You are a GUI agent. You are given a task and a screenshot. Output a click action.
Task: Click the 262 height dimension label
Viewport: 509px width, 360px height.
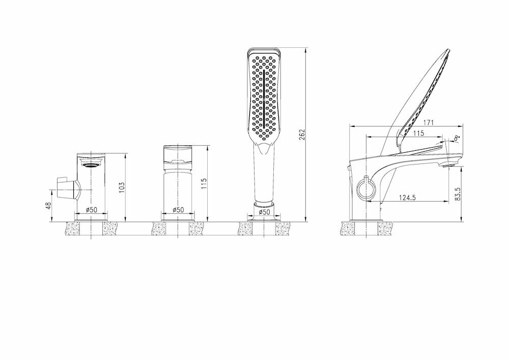click(x=302, y=135)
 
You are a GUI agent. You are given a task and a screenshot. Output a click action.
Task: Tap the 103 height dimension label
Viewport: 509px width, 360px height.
click(x=122, y=187)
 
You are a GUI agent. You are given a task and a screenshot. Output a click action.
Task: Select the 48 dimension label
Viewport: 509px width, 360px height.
click(x=49, y=206)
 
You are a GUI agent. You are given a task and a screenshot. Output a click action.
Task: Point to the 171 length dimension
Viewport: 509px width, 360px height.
click(x=429, y=123)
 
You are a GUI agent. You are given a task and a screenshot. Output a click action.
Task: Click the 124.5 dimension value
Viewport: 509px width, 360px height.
click(x=407, y=198)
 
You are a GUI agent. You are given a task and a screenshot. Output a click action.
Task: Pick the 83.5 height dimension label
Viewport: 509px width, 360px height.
click(x=458, y=193)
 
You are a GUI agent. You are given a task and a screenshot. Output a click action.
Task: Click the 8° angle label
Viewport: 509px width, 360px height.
click(x=458, y=138)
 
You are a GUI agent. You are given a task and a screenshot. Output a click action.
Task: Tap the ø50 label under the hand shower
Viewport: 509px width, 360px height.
click(x=264, y=212)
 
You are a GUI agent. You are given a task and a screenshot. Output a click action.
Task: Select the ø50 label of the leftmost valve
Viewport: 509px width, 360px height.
click(x=91, y=210)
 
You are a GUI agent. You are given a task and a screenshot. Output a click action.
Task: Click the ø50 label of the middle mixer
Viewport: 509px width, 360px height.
click(x=178, y=210)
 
